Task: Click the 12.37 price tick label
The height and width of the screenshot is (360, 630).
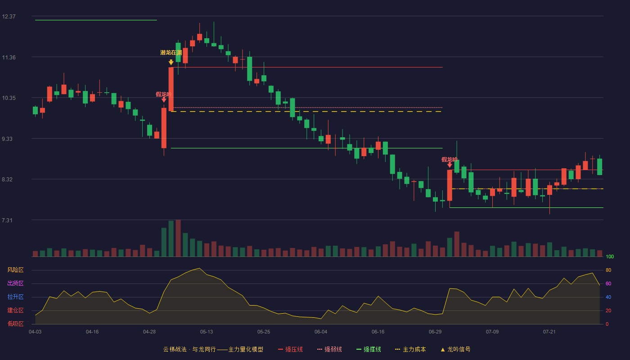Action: [9, 17]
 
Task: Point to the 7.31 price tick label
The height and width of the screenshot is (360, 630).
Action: [7, 220]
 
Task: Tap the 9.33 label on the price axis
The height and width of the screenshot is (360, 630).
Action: [7, 139]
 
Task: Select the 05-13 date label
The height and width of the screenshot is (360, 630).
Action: [207, 332]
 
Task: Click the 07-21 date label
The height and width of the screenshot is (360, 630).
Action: [549, 332]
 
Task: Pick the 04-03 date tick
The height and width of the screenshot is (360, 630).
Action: [35, 332]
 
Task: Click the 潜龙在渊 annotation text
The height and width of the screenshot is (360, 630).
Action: [171, 53]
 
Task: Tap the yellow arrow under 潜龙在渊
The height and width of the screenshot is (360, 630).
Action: [171, 62]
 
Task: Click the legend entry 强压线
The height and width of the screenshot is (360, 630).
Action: [290, 349]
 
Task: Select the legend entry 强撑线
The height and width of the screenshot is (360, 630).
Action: [369, 349]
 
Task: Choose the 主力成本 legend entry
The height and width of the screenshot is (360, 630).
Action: [410, 349]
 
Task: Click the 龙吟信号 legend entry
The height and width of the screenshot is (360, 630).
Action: [455, 349]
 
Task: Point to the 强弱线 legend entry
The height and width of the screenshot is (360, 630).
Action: [329, 349]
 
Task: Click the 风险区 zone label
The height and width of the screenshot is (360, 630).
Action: [15, 270]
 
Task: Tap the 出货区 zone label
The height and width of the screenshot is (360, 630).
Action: [15, 283]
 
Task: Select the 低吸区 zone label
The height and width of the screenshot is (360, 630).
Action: [15, 324]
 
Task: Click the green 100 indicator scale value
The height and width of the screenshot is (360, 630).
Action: [610, 256]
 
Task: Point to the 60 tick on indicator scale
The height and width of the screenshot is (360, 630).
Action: [608, 283]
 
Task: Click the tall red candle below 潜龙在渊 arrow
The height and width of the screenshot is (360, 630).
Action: [171, 89]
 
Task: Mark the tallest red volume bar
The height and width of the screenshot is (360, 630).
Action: [178, 238]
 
